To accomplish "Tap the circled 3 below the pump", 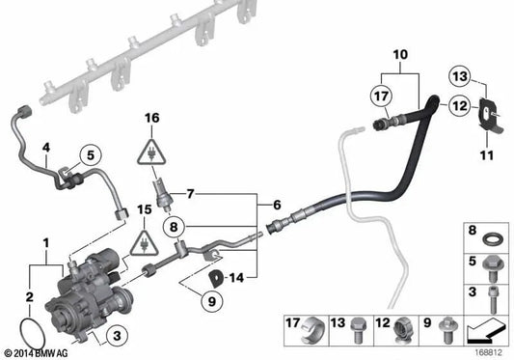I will [x=115, y=335].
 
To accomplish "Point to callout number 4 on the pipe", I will [x=44, y=148].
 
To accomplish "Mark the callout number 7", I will [x=191, y=194].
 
